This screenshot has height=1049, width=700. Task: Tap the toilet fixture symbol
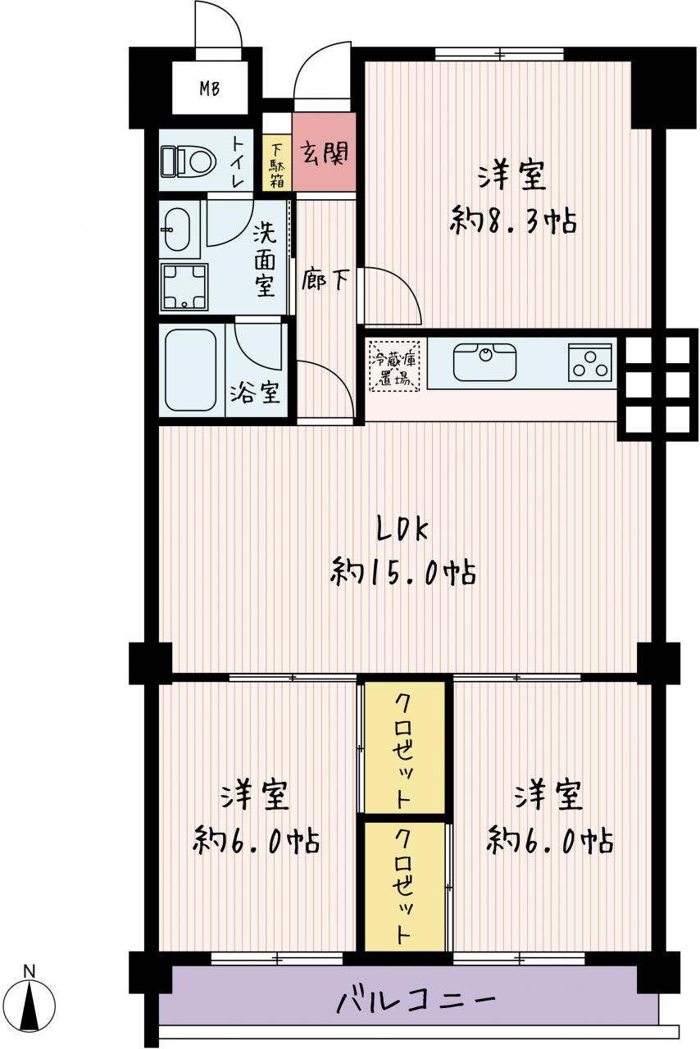[189, 162]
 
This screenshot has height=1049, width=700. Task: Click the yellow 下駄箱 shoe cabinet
[277, 162]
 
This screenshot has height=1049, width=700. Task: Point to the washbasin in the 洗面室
[177, 229]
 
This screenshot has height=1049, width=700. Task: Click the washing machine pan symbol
[184, 287]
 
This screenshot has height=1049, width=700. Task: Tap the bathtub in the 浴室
[191, 370]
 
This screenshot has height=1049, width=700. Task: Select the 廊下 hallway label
[325, 279]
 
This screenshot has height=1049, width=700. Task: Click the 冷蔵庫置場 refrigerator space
[393, 366]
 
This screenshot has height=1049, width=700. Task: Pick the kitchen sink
[484, 362]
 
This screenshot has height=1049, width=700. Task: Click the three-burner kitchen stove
[590, 362]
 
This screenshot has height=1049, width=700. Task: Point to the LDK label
[402, 531]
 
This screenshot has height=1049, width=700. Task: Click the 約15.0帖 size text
[403, 572]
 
